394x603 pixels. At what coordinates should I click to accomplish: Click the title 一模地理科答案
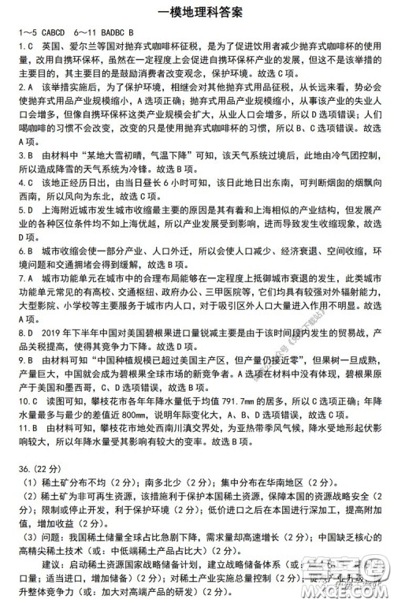click(x=197, y=11)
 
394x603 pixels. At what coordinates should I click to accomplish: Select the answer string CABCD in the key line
click(x=46, y=32)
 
